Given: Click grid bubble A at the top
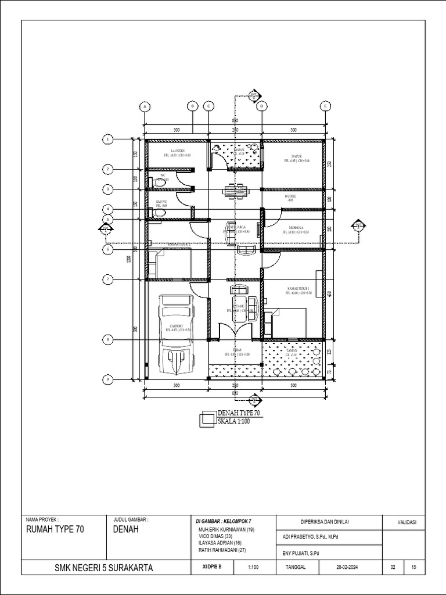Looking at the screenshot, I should pyautogui.click(x=145, y=106).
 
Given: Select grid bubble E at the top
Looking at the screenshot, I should pyautogui.click(x=325, y=106).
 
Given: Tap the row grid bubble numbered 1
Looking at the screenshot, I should pyautogui.click(x=107, y=139).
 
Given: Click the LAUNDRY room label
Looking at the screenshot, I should pyautogui.click(x=178, y=150).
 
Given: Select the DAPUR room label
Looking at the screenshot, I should pyautogui.click(x=293, y=156).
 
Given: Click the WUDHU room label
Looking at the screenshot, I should pyautogui.click(x=290, y=198).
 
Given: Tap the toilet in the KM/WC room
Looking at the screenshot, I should pyautogui.click(x=160, y=213).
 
